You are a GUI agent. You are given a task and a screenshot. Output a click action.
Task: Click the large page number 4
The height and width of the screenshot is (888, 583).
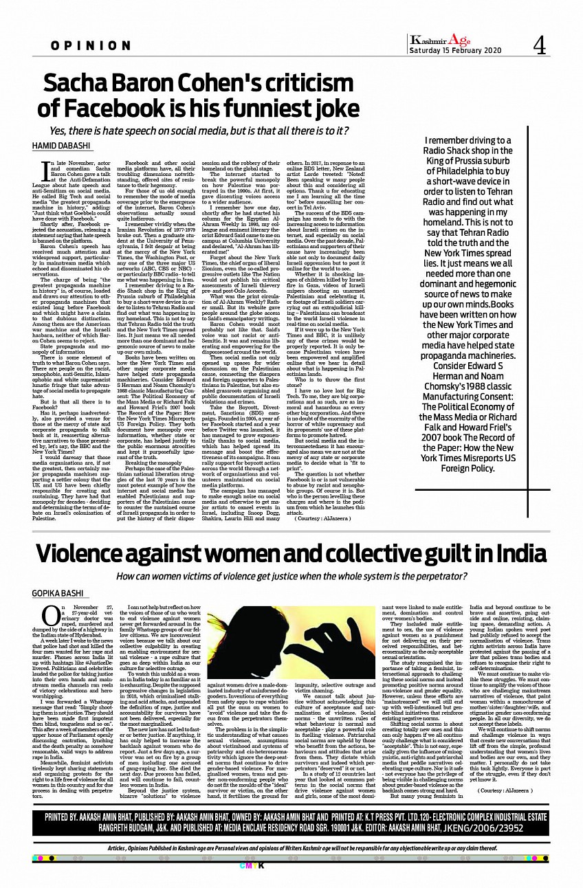(x=540, y=45)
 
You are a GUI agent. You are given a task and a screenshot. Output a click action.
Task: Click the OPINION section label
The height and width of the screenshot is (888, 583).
(x=90, y=46)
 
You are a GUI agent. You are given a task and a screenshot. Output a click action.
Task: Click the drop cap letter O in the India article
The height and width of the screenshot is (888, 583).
(x=50, y=614)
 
